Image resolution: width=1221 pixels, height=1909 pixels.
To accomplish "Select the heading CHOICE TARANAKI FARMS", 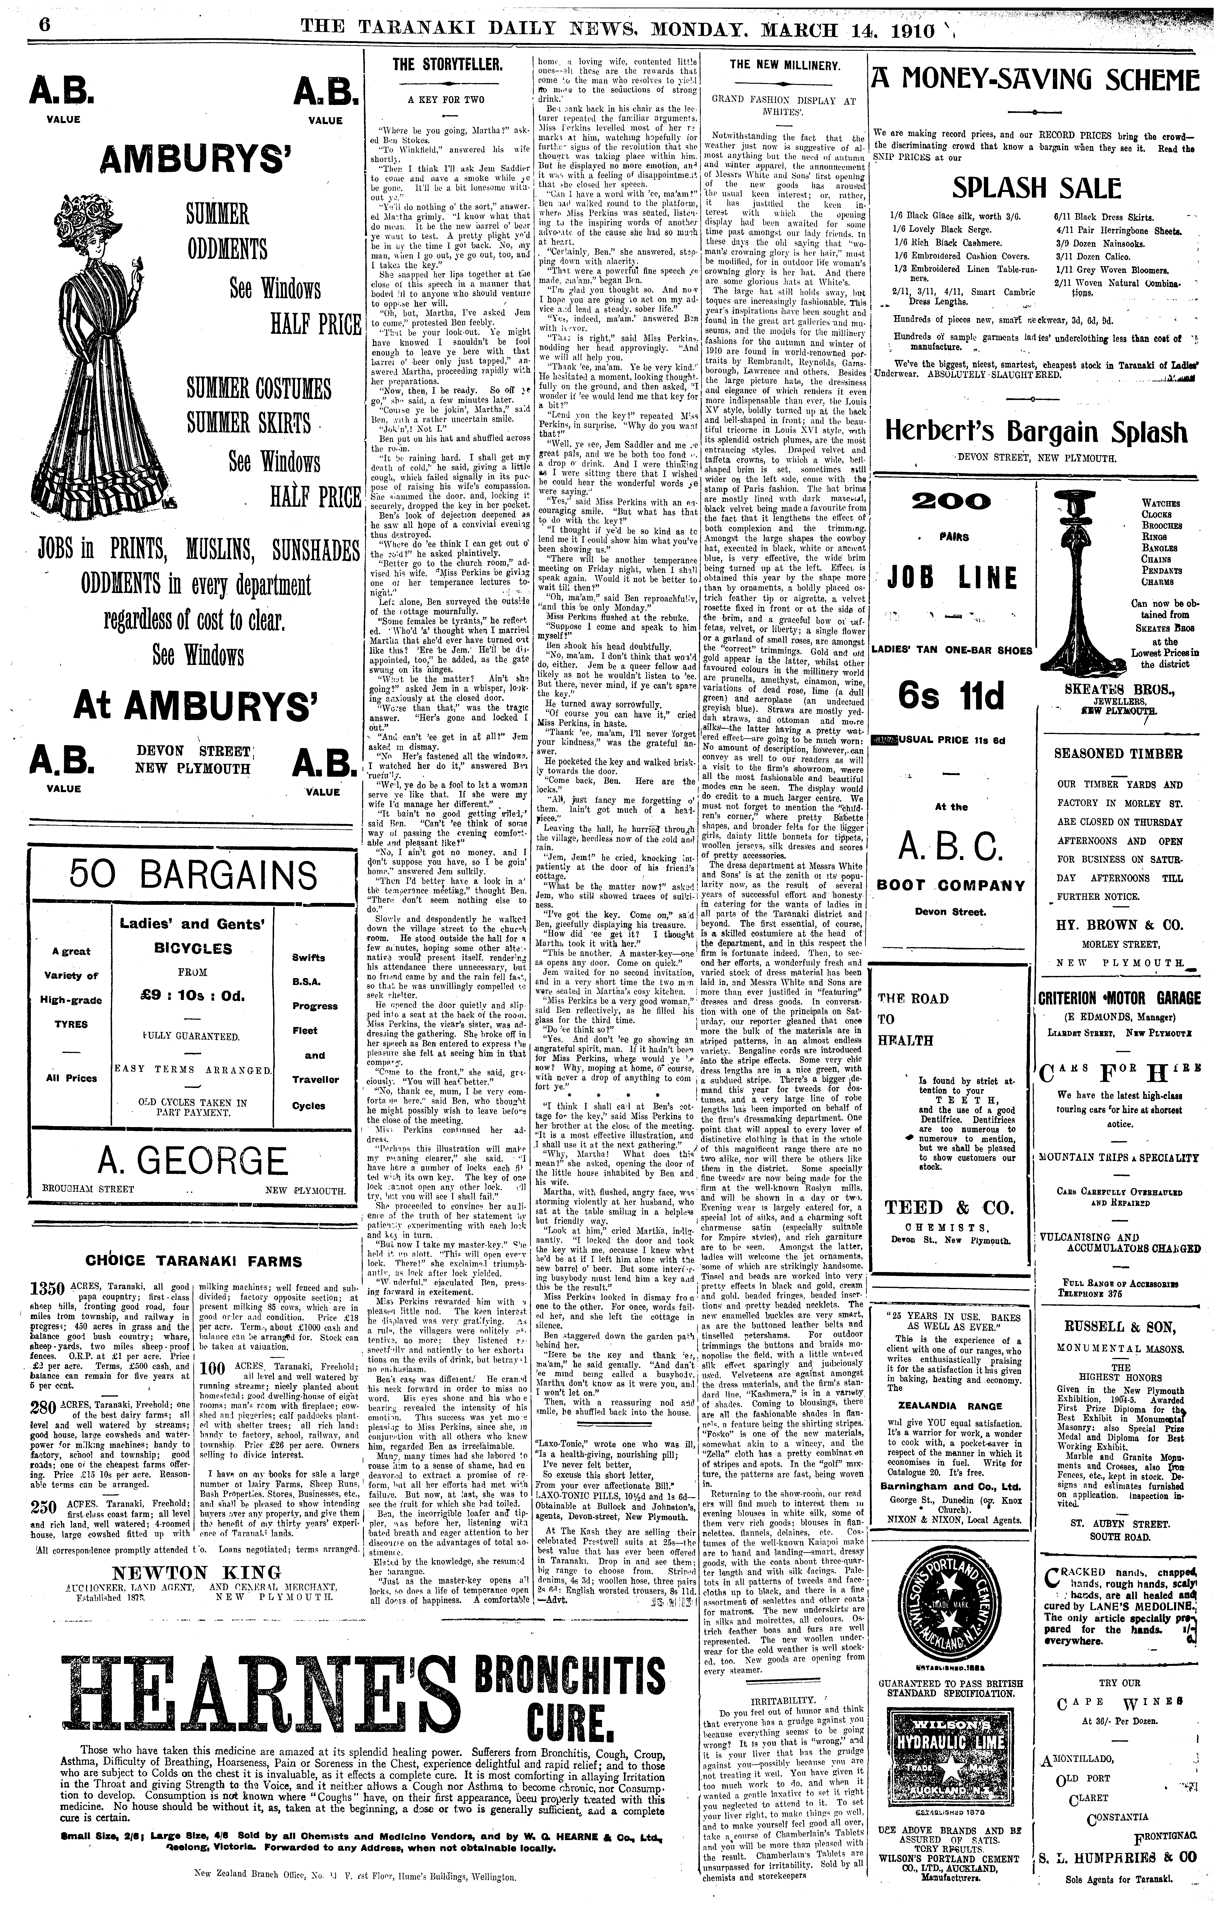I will click(194, 1261).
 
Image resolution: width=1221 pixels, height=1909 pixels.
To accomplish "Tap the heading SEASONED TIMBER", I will click(1118, 753).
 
